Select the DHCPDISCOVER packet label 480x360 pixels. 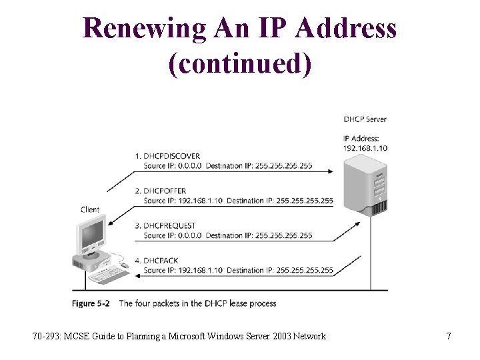(171, 156)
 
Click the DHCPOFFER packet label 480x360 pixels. (165, 191)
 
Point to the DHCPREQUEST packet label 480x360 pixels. (169, 226)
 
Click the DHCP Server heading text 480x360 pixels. (365, 119)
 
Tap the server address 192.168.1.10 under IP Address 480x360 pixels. (365, 147)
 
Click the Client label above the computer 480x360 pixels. (90, 209)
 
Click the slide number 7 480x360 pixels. (449, 336)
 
